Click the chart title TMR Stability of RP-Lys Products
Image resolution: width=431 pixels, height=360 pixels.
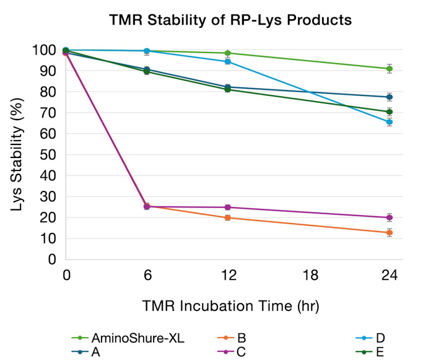pyautogui.click(x=230, y=20)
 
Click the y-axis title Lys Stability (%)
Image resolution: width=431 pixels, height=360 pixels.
pyautogui.click(x=19, y=154)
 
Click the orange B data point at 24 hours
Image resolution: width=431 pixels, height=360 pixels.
pyautogui.click(x=389, y=232)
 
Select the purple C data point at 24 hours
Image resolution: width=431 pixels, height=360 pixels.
pyautogui.click(x=389, y=217)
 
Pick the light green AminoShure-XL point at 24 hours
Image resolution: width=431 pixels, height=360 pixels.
pyautogui.click(x=389, y=69)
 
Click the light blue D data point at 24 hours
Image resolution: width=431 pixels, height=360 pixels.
pyautogui.click(x=389, y=122)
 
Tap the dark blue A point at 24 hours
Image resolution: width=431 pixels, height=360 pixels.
pyautogui.click(x=389, y=97)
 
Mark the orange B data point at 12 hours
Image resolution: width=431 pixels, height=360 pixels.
pyautogui.click(x=228, y=217)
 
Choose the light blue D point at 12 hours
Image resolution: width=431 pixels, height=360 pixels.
pyautogui.click(x=228, y=61)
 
